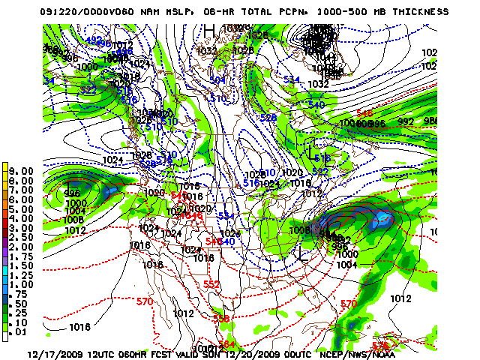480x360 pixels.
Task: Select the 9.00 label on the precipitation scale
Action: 22,171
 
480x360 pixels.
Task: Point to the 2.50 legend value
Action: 22,237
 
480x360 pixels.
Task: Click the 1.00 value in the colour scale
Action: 22,284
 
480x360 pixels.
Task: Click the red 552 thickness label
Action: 211,285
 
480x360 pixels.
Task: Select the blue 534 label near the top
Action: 292,79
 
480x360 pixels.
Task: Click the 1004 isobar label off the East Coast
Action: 346,264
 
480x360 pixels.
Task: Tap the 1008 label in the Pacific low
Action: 73,220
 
